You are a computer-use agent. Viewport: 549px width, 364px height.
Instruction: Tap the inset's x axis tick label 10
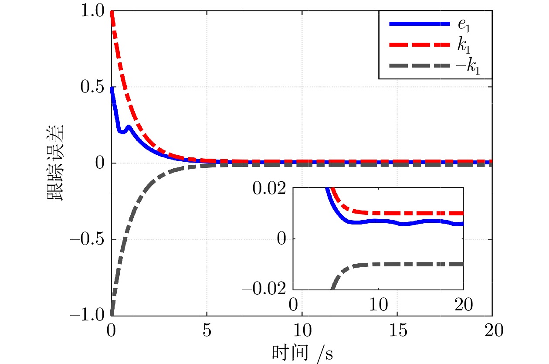pyautogui.click(x=378, y=304)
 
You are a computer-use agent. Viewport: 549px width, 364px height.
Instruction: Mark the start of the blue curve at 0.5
pyautogui.click(x=112, y=88)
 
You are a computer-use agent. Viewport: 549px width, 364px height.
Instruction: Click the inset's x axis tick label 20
pyautogui.click(x=464, y=304)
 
